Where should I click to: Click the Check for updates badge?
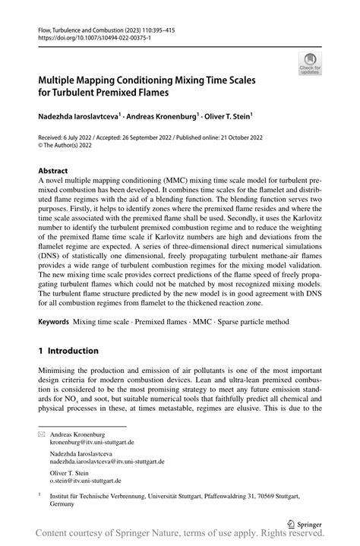309,64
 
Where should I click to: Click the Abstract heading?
52,172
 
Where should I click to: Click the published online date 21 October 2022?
262,137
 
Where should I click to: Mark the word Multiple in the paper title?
61,78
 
